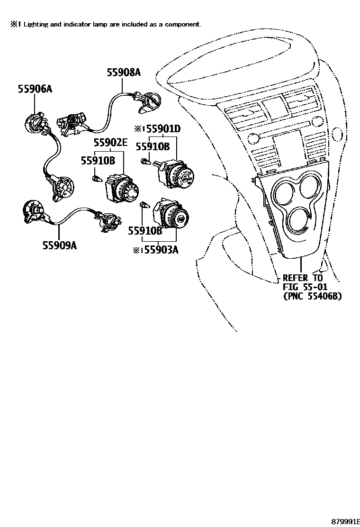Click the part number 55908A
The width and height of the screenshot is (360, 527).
click(x=123, y=73)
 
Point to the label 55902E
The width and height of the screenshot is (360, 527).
click(x=110, y=143)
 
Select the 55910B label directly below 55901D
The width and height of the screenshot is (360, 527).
click(x=153, y=147)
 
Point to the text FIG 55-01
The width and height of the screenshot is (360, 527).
click(x=305, y=287)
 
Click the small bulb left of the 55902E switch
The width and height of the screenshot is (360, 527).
click(x=97, y=179)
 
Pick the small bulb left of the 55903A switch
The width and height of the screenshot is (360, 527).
click(x=146, y=206)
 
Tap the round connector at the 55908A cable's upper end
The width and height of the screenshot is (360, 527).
click(x=153, y=101)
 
